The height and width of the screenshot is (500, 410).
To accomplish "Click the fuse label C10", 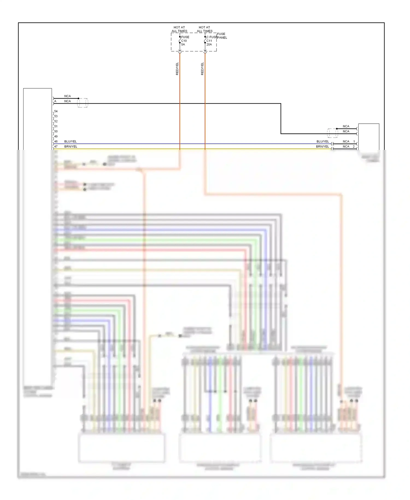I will click(x=184, y=41).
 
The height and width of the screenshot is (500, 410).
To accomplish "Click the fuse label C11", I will click(x=209, y=41).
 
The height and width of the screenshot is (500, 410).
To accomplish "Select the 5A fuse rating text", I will click(x=183, y=44).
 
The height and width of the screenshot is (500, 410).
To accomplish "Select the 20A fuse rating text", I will click(x=209, y=44).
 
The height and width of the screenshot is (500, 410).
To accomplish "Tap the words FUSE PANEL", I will click(x=222, y=36).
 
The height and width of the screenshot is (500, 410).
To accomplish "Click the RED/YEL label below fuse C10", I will click(x=177, y=69).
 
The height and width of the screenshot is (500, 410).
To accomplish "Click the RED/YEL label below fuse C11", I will click(x=202, y=69).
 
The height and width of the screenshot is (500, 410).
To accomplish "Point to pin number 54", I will click(x=56, y=111).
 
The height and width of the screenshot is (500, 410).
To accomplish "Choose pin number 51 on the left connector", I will click(x=56, y=126).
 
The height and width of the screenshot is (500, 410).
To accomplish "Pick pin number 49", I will click(x=56, y=136).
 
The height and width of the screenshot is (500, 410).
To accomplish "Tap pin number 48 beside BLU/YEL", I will click(x=56, y=141).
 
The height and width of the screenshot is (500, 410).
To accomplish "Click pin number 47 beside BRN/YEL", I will click(x=56, y=147).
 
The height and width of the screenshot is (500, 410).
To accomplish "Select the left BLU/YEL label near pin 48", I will click(x=70, y=141).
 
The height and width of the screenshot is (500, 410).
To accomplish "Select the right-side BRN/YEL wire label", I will click(x=323, y=147).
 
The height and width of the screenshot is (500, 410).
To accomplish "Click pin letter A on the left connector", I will click(x=55, y=101).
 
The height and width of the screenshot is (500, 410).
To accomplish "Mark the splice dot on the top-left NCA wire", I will click(x=78, y=98).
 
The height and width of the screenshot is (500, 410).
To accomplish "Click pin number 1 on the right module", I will click(x=354, y=141).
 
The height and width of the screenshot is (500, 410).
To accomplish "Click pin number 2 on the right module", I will click(x=354, y=147).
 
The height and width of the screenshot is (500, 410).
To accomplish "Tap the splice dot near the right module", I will click(x=337, y=129).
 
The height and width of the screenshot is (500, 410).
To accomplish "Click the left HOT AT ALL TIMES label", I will click(x=179, y=29).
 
